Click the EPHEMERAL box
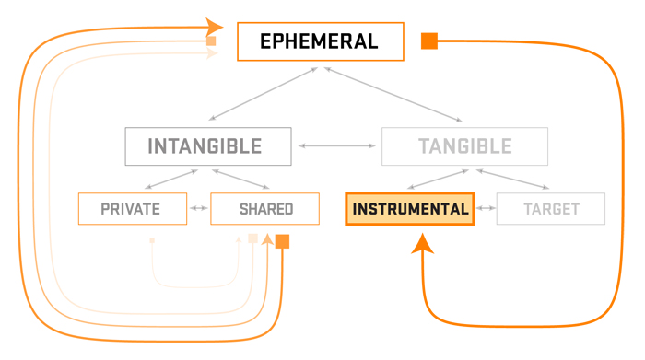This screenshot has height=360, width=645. pos(320,41)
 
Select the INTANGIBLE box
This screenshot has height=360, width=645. pos(208,146)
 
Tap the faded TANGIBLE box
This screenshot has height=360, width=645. pos(464,146)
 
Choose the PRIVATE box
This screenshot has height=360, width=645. pos(133,209)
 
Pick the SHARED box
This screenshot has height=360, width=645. pos(265,209)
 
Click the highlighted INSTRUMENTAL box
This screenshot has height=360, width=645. pos(409,209)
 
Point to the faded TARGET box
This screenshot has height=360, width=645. pos(551,209)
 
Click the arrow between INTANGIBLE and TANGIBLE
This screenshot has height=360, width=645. pos(336,146)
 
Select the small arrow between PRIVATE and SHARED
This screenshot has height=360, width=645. pos(199,209)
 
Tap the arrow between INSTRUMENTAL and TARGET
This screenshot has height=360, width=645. pos(486,209)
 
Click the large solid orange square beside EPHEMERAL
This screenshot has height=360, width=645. pos(428,41)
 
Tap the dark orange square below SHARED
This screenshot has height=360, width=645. pos(282,241)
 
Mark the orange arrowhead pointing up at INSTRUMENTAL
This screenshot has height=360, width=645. pos(422,243)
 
